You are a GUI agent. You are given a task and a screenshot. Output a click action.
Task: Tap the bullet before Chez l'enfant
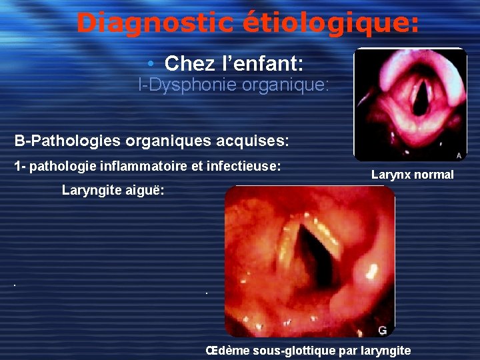(x=152, y=64)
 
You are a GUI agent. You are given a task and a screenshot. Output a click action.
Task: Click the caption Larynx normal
(x=412, y=175)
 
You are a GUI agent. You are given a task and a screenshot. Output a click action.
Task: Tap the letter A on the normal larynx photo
(x=459, y=155)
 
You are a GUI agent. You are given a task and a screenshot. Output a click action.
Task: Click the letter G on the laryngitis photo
(x=382, y=329)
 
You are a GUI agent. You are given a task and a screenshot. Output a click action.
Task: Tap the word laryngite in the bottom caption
(x=385, y=350)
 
